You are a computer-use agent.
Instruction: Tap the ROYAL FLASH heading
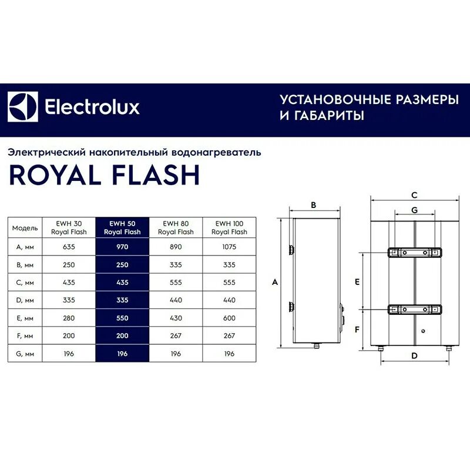click(104, 174)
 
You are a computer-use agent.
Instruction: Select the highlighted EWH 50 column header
click(122, 227)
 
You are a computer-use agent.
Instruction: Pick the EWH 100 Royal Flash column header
click(229, 227)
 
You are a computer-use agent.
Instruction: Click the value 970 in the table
click(122, 247)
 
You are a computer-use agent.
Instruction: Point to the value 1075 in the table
click(229, 247)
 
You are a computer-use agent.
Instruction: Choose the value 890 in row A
click(176, 247)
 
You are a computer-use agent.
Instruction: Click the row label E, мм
click(25, 318)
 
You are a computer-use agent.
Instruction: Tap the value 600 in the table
click(229, 318)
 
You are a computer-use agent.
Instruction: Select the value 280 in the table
click(69, 318)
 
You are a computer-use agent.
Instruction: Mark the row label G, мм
click(25, 354)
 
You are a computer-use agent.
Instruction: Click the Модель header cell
click(25, 227)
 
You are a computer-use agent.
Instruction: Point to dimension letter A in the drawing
click(274, 283)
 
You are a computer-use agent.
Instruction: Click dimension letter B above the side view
click(313, 205)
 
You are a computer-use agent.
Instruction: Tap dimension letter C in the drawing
click(414, 195)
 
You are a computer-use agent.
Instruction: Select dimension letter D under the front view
click(414, 355)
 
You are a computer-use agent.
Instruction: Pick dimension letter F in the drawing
click(357, 330)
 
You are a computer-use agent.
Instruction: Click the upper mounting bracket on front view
click(414, 253)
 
